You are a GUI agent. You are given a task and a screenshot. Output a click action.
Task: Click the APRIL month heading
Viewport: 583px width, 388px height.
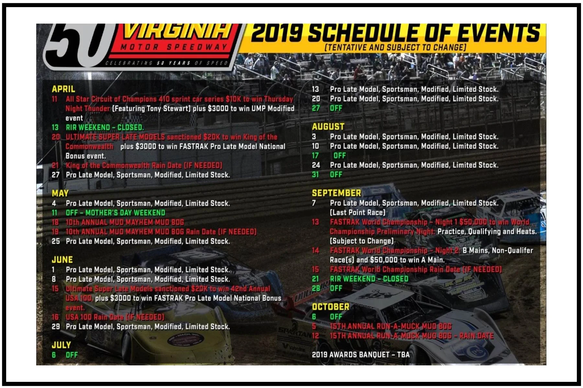(x=63, y=89)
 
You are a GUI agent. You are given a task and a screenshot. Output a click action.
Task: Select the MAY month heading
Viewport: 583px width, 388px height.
(x=60, y=193)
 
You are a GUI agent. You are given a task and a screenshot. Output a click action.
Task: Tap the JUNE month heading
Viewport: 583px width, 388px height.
(x=62, y=260)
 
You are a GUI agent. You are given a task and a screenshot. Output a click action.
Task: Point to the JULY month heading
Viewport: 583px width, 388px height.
(x=61, y=345)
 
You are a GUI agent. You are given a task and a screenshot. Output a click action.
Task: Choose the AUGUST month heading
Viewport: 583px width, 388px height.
(x=328, y=126)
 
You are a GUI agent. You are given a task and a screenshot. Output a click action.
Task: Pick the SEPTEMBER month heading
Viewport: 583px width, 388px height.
(x=336, y=193)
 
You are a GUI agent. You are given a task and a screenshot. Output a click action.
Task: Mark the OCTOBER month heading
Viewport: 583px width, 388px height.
(x=330, y=307)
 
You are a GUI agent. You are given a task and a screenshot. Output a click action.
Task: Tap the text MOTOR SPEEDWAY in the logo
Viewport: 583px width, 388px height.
(x=174, y=47)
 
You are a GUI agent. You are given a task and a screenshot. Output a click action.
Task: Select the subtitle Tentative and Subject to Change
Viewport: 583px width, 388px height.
(x=395, y=48)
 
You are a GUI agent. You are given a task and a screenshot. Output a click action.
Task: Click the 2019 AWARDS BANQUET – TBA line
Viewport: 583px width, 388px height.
(x=360, y=355)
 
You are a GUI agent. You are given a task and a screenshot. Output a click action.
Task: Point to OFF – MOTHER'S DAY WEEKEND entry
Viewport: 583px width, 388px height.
(x=115, y=213)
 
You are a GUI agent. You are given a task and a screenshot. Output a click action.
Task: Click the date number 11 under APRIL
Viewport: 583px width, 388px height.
(x=54, y=99)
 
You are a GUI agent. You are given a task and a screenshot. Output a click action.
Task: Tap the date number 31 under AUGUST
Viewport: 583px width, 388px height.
(x=315, y=175)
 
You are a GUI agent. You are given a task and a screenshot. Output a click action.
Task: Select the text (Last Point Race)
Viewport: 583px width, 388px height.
(x=358, y=212)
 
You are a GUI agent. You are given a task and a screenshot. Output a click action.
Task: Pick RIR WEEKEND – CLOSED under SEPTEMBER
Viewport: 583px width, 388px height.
(x=369, y=279)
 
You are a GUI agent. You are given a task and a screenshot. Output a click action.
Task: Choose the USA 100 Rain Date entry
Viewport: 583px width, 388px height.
(x=115, y=317)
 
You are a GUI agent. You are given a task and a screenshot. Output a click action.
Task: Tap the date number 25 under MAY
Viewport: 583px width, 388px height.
(x=55, y=241)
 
